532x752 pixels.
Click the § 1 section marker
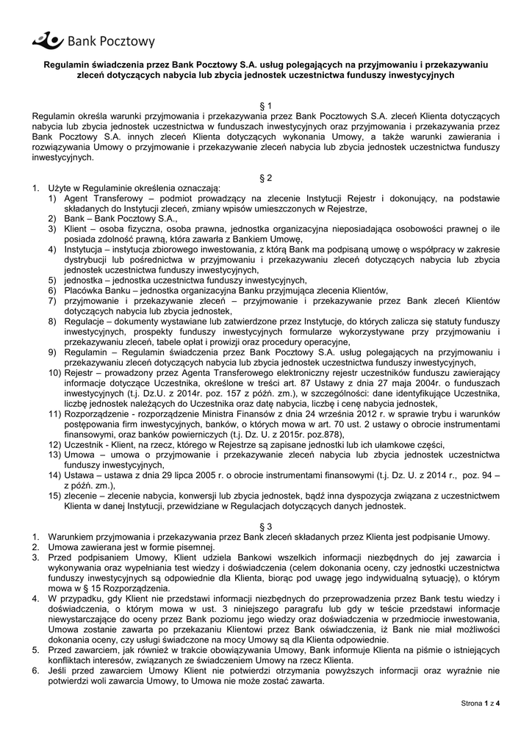(x=266, y=106)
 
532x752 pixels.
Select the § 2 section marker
(x=266, y=178)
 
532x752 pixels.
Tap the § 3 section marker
(x=266, y=526)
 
